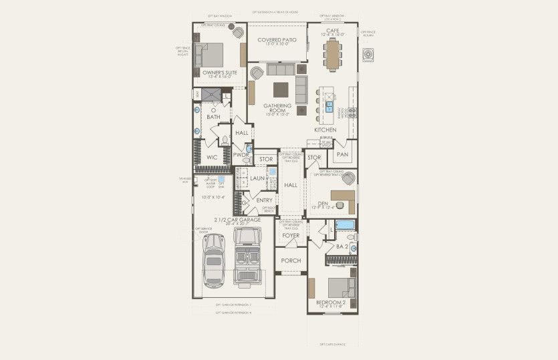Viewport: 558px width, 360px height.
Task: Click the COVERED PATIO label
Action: pyautogui.click(x=277, y=40)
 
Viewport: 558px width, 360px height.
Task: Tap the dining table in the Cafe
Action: pyautogui.click(x=332, y=54)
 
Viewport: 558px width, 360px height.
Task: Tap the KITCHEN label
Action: pyautogui.click(x=325, y=129)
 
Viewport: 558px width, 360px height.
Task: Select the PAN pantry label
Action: pyautogui.click(x=342, y=154)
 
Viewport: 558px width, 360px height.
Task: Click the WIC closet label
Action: pyautogui.click(x=212, y=158)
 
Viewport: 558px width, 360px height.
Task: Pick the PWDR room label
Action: pyautogui.click(x=240, y=155)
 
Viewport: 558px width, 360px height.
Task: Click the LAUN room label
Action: pyautogui.click(x=257, y=178)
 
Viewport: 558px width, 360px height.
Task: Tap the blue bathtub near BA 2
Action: pyautogui.click(x=344, y=225)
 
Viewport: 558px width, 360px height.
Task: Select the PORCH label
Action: pyautogui.click(x=291, y=260)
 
